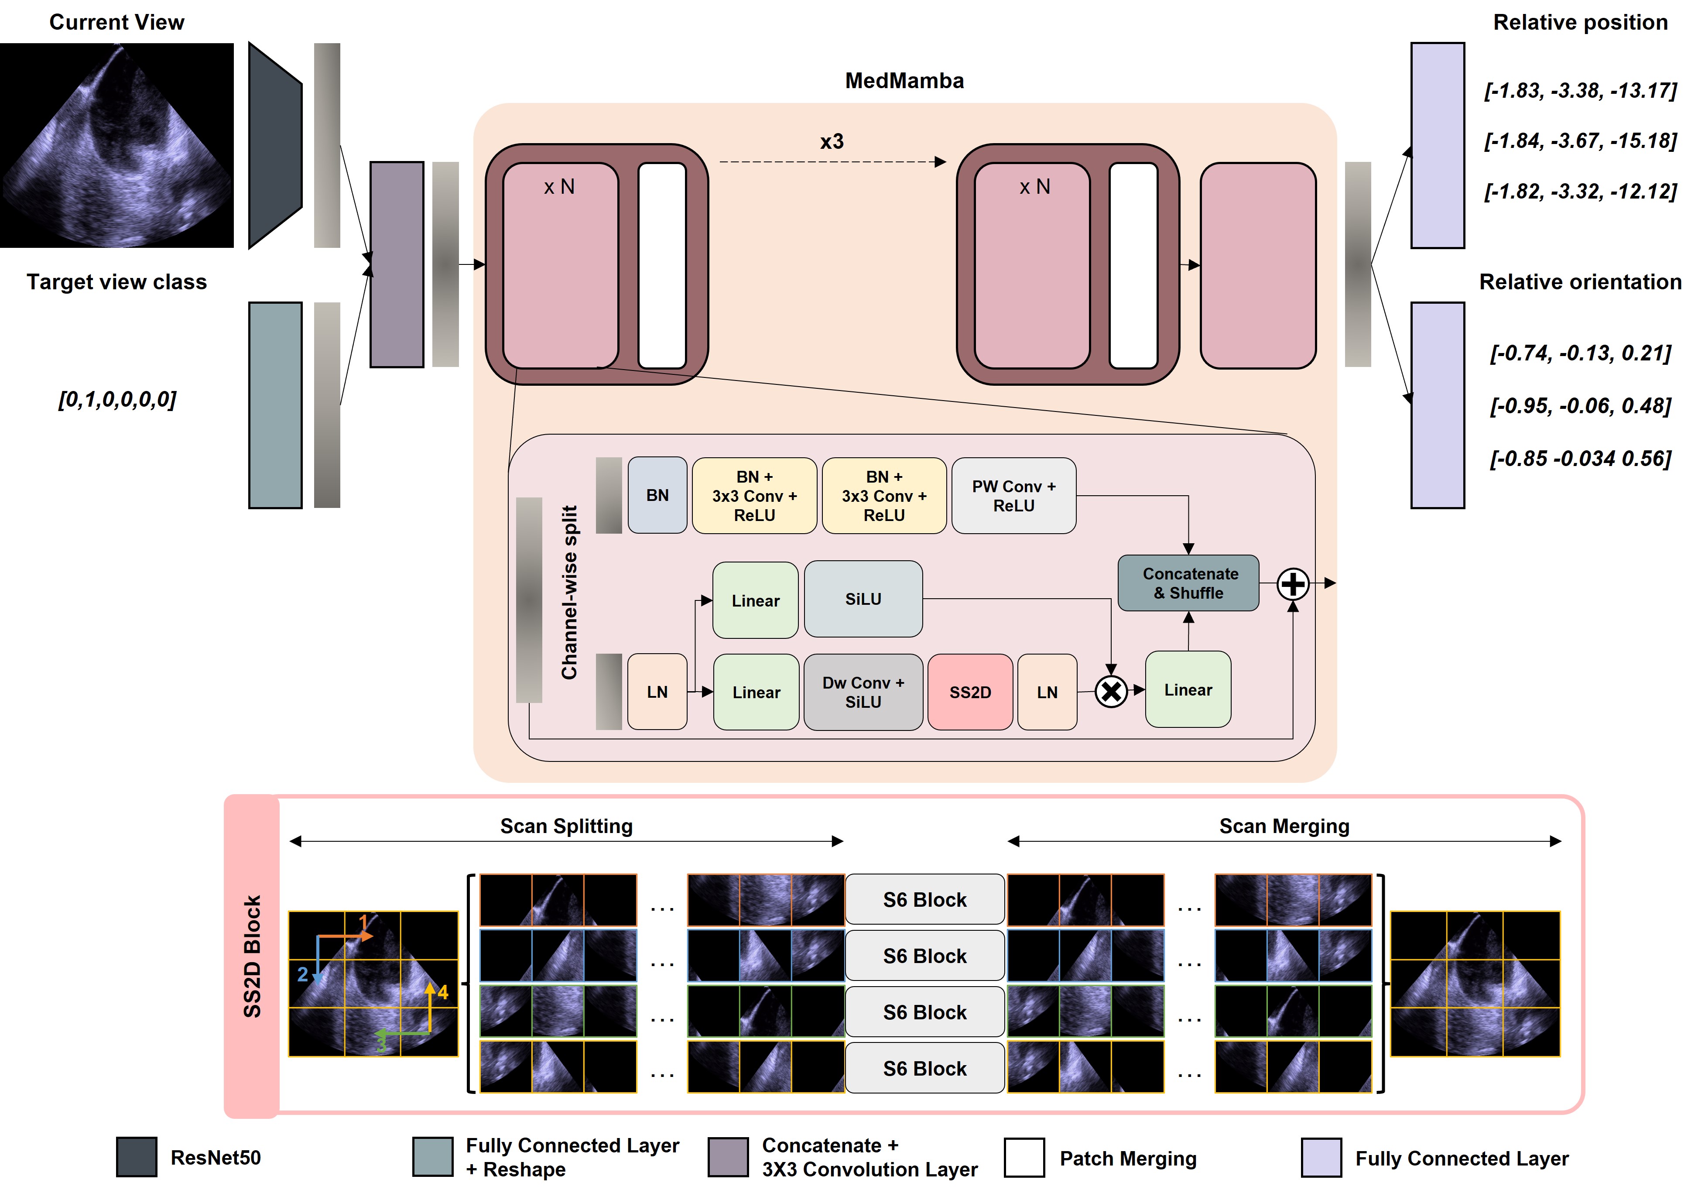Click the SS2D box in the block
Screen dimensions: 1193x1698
(969, 692)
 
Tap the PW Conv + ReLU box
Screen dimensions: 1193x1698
(1013, 496)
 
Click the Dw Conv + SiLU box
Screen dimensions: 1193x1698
(863, 692)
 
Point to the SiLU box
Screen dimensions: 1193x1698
(863, 599)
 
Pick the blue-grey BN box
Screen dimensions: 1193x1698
(657, 496)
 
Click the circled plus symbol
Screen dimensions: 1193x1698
(1293, 584)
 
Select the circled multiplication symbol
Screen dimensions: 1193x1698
(1111, 692)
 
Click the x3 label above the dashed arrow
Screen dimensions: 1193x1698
(831, 141)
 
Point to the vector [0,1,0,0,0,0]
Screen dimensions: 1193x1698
(117, 399)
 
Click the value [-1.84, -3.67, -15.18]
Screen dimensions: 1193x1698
(1580, 141)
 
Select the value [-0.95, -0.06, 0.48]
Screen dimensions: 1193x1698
(1580, 405)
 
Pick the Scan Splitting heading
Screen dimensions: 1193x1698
(566, 826)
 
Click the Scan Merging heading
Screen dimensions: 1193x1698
(1284, 826)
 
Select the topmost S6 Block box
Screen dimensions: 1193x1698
(924, 899)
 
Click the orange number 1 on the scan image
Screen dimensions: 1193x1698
(363, 922)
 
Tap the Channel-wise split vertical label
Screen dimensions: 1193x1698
(569, 592)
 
